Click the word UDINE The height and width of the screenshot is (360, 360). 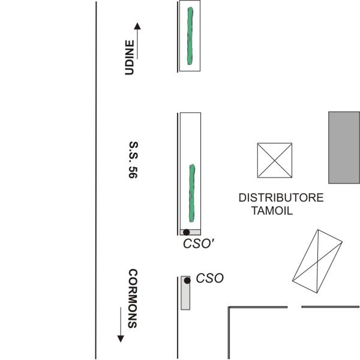click(128, 58)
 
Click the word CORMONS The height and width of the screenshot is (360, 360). click(133, 298)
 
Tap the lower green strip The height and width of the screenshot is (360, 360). click(192, 192)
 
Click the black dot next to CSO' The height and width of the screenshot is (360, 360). click(187, 232)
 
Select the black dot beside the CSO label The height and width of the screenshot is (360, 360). click(187, 280)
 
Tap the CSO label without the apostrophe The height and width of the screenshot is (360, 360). click(209, 278)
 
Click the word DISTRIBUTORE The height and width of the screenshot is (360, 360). click(281, 198)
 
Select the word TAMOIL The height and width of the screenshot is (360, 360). click(271, 211)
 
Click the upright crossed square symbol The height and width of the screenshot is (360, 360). click(275, 160)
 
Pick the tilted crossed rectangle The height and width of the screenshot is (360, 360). click(317, 262)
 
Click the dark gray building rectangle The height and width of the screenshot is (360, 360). click(344, 147)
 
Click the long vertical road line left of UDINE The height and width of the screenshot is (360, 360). click(96, 180)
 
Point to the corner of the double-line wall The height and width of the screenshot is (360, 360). click(229, 308)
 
